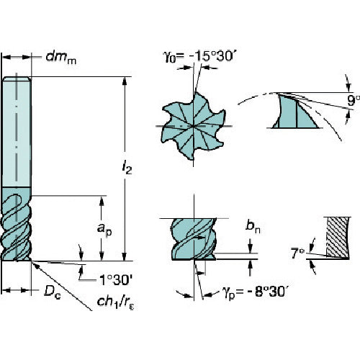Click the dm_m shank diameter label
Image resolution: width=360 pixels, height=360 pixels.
click(61, 58)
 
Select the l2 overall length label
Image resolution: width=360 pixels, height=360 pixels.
click(127, 168)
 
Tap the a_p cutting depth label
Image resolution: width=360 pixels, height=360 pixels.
click(104, 230)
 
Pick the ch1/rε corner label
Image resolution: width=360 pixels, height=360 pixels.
click(115, 302)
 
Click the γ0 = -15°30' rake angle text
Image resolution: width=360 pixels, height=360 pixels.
click(198, 57)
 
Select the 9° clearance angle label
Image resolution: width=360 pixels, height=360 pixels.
click(354, 101)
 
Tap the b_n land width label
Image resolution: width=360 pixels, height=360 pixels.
click(253, 226)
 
